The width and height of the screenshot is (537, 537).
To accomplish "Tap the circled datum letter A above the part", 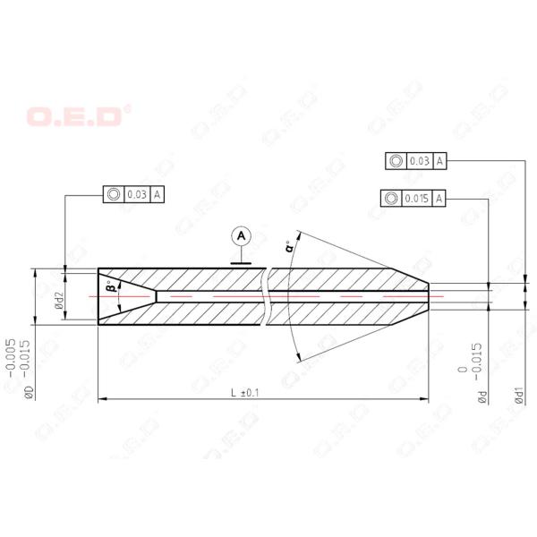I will [x=240, y=236].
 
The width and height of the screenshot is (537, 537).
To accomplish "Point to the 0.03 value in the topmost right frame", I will [x=419, y=161].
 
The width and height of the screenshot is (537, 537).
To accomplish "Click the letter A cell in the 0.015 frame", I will [x=439, y=198].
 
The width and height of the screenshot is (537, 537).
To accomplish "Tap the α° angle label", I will [x=289, y=248].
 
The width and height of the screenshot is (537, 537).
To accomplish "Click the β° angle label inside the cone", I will [x=111, y=288].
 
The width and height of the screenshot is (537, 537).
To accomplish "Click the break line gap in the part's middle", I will [x=267, y=295].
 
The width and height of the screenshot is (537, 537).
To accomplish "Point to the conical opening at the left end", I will [x=121, y=295].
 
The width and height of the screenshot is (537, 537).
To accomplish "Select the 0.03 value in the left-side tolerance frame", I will [x=137, y=193].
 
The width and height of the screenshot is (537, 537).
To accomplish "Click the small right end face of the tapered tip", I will [x=428, y=295].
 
